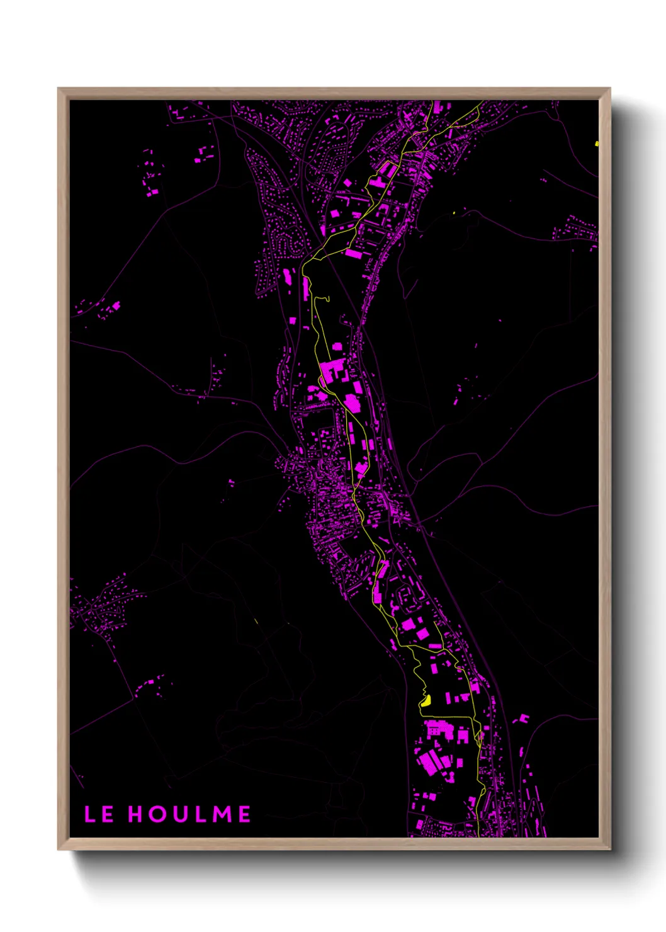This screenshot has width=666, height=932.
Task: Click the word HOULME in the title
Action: [189, 814]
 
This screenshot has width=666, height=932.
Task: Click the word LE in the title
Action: [99, 814]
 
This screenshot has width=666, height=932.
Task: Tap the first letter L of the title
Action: [90, 814]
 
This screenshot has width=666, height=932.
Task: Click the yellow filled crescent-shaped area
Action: [426, 701]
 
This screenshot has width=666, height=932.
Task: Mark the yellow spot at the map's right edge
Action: [596, 144]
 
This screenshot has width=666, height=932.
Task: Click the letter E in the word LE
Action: [107, 814]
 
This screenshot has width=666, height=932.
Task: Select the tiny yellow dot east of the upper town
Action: [454, 213]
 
